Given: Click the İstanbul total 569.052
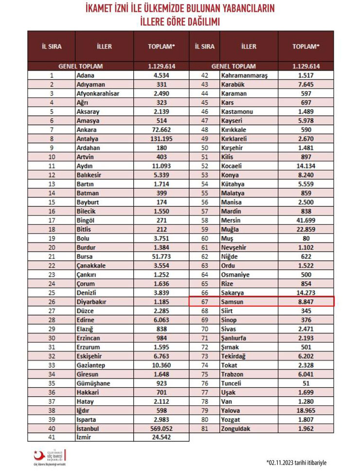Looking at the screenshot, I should point(161,428).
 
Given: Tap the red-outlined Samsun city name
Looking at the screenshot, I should point(232,302).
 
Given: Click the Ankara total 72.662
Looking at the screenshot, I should point(161,130).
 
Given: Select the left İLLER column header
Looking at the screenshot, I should point(104,47).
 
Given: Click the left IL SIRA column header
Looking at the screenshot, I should point(52,47).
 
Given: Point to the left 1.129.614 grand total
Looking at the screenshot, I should point(161,66).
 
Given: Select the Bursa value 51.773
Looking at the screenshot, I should point(161,256).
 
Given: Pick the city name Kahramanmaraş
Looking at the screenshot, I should point(241,75).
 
